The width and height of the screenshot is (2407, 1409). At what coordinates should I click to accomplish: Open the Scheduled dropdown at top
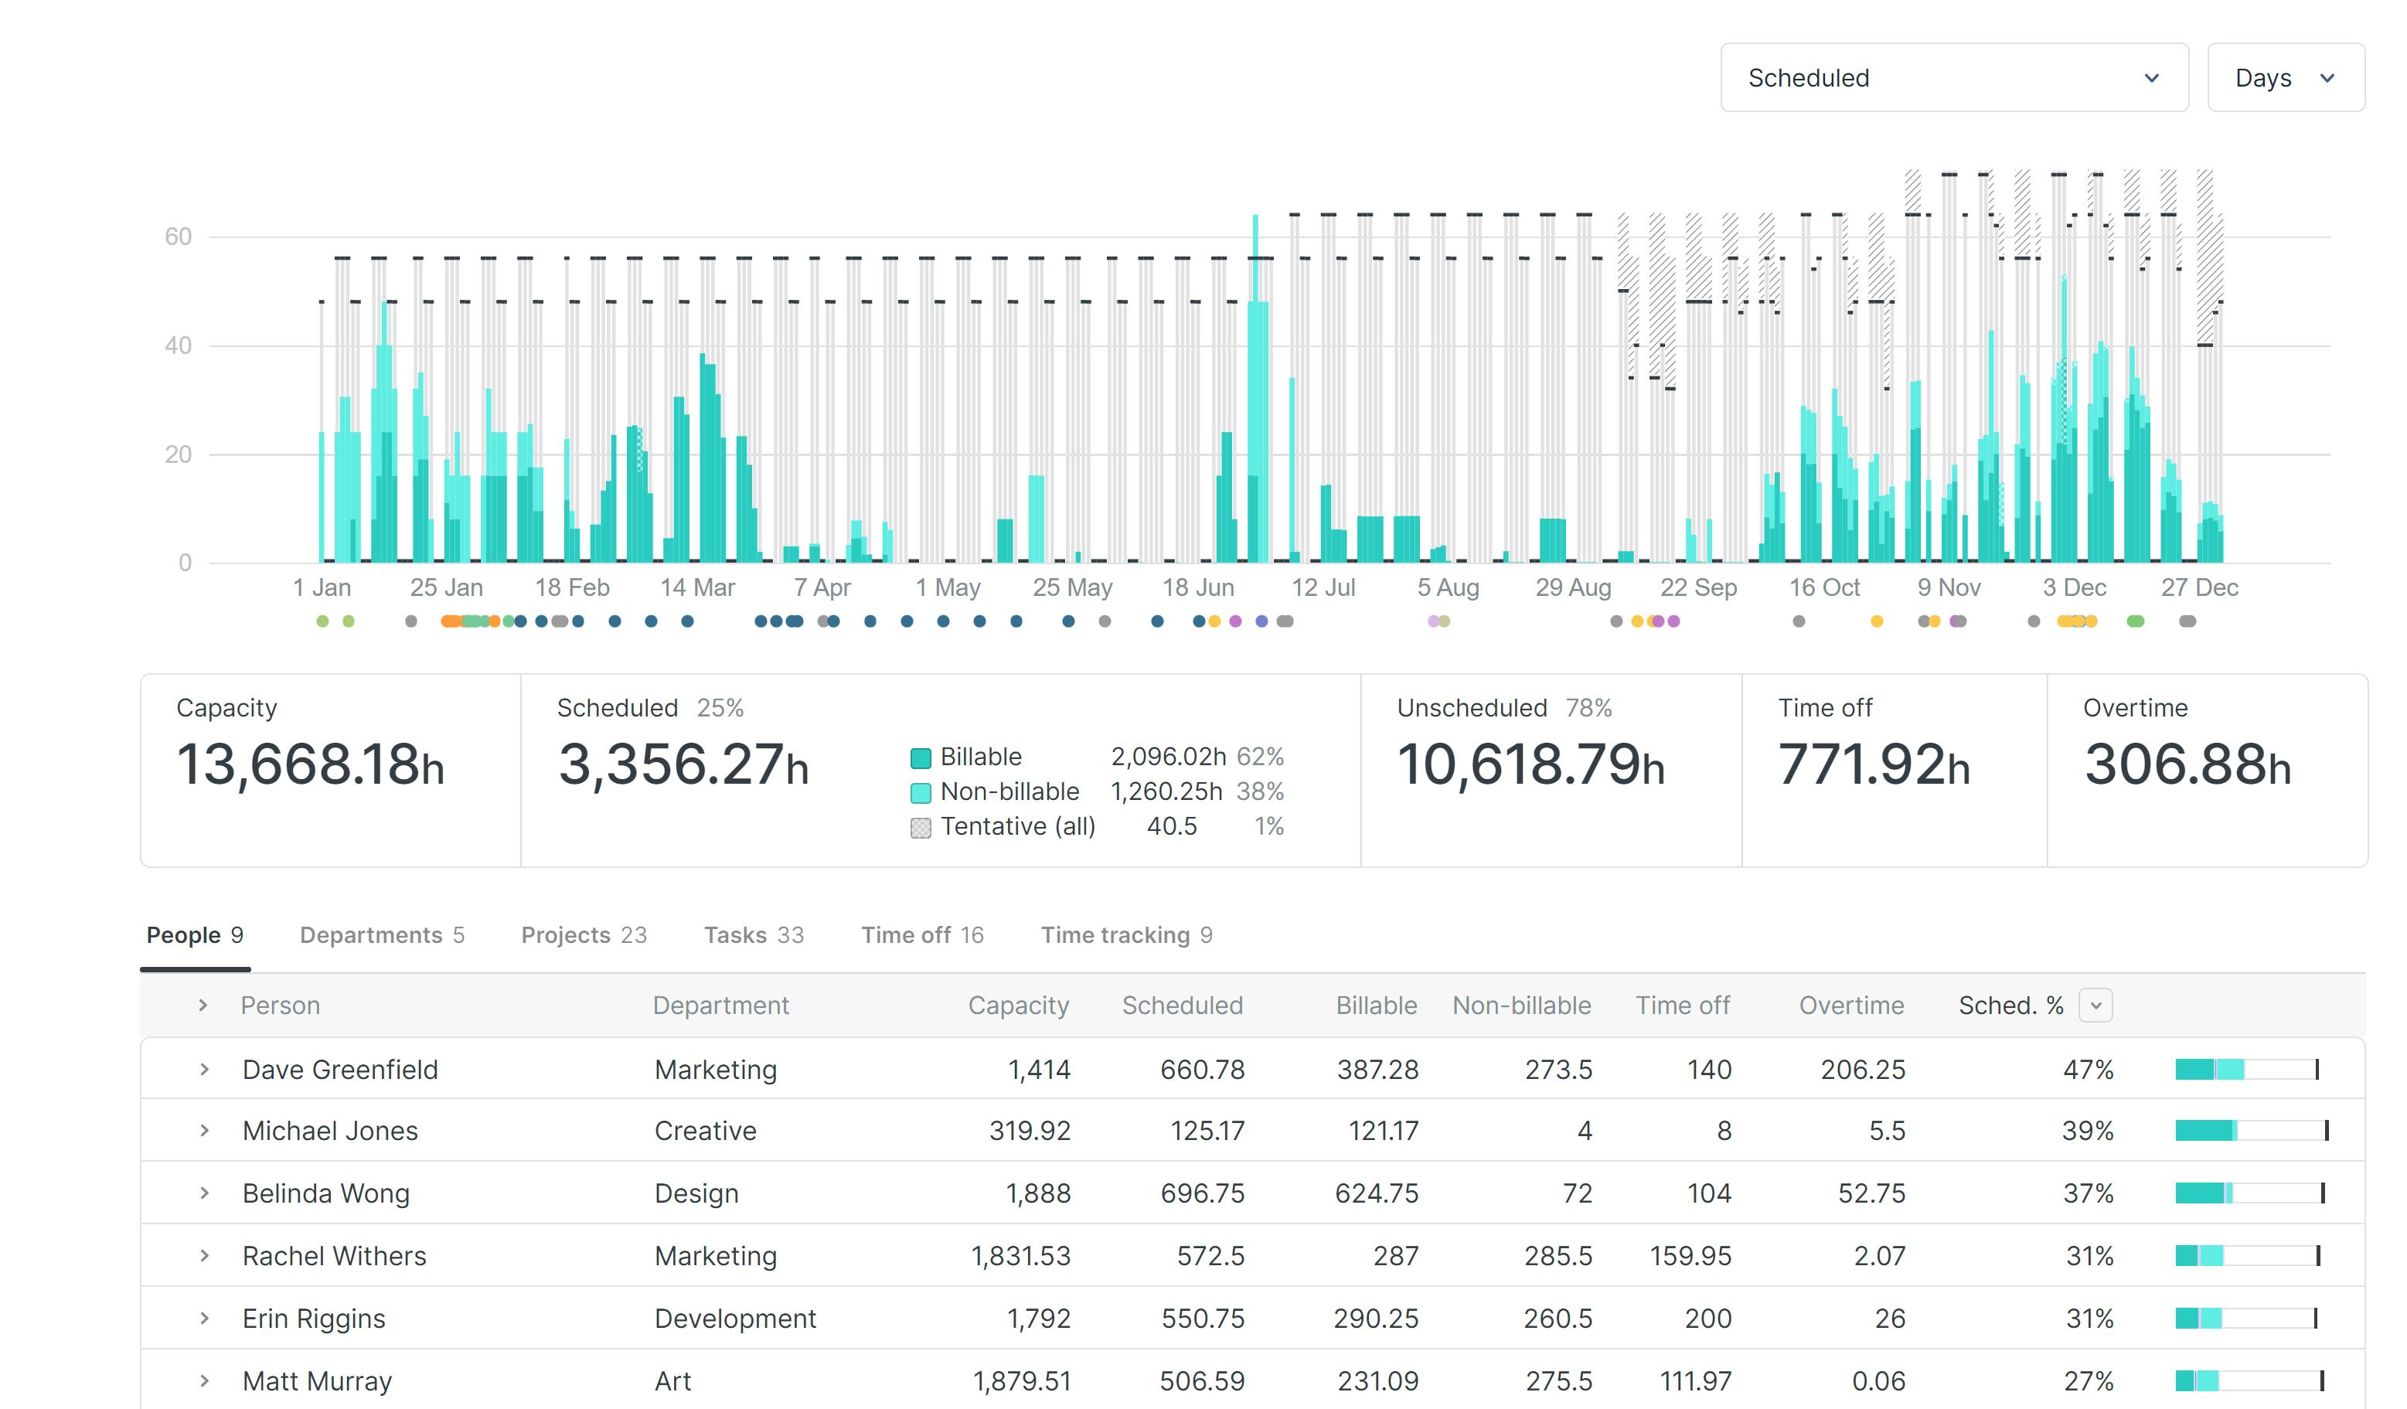pyautogui.click(x=1952, y=77)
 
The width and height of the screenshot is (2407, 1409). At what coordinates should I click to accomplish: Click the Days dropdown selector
pyautogui.click(x=2284, y=77)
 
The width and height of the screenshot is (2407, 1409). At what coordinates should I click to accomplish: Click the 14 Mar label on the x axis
pyautogui.click(x=697, y=587)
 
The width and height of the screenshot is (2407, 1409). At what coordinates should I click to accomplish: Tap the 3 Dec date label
pyautogui.click(x=2074, y=587)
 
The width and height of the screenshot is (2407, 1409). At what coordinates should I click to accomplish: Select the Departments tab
pyautogui.click(x=381, y=934)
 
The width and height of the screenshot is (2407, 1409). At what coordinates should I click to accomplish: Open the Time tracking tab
pyautogui.click(x=1125, y=934)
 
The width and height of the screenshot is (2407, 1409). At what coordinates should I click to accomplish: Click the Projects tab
pyautogui.click(x=583, y=934)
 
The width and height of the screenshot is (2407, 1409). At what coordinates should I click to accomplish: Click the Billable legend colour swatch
pyautogui.click(x=920, y=757)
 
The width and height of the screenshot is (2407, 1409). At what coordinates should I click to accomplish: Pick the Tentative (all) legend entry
pyautogui.click(x=1016, y=825)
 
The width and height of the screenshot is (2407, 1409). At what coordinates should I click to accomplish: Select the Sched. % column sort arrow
pyautogui.click(x=2095, y=1005)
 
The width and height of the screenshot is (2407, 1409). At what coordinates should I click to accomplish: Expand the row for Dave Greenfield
pyautogui.click(x=203, y=1069)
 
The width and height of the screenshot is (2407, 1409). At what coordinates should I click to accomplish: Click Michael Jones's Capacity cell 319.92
pyautogui.click(x=1029, y=1130)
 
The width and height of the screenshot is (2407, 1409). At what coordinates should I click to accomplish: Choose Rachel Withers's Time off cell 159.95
pyautogui.click(x=1690, y=1255)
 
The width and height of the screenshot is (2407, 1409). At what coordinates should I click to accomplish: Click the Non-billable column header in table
pyautogui.click(x=1520, y=1005)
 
